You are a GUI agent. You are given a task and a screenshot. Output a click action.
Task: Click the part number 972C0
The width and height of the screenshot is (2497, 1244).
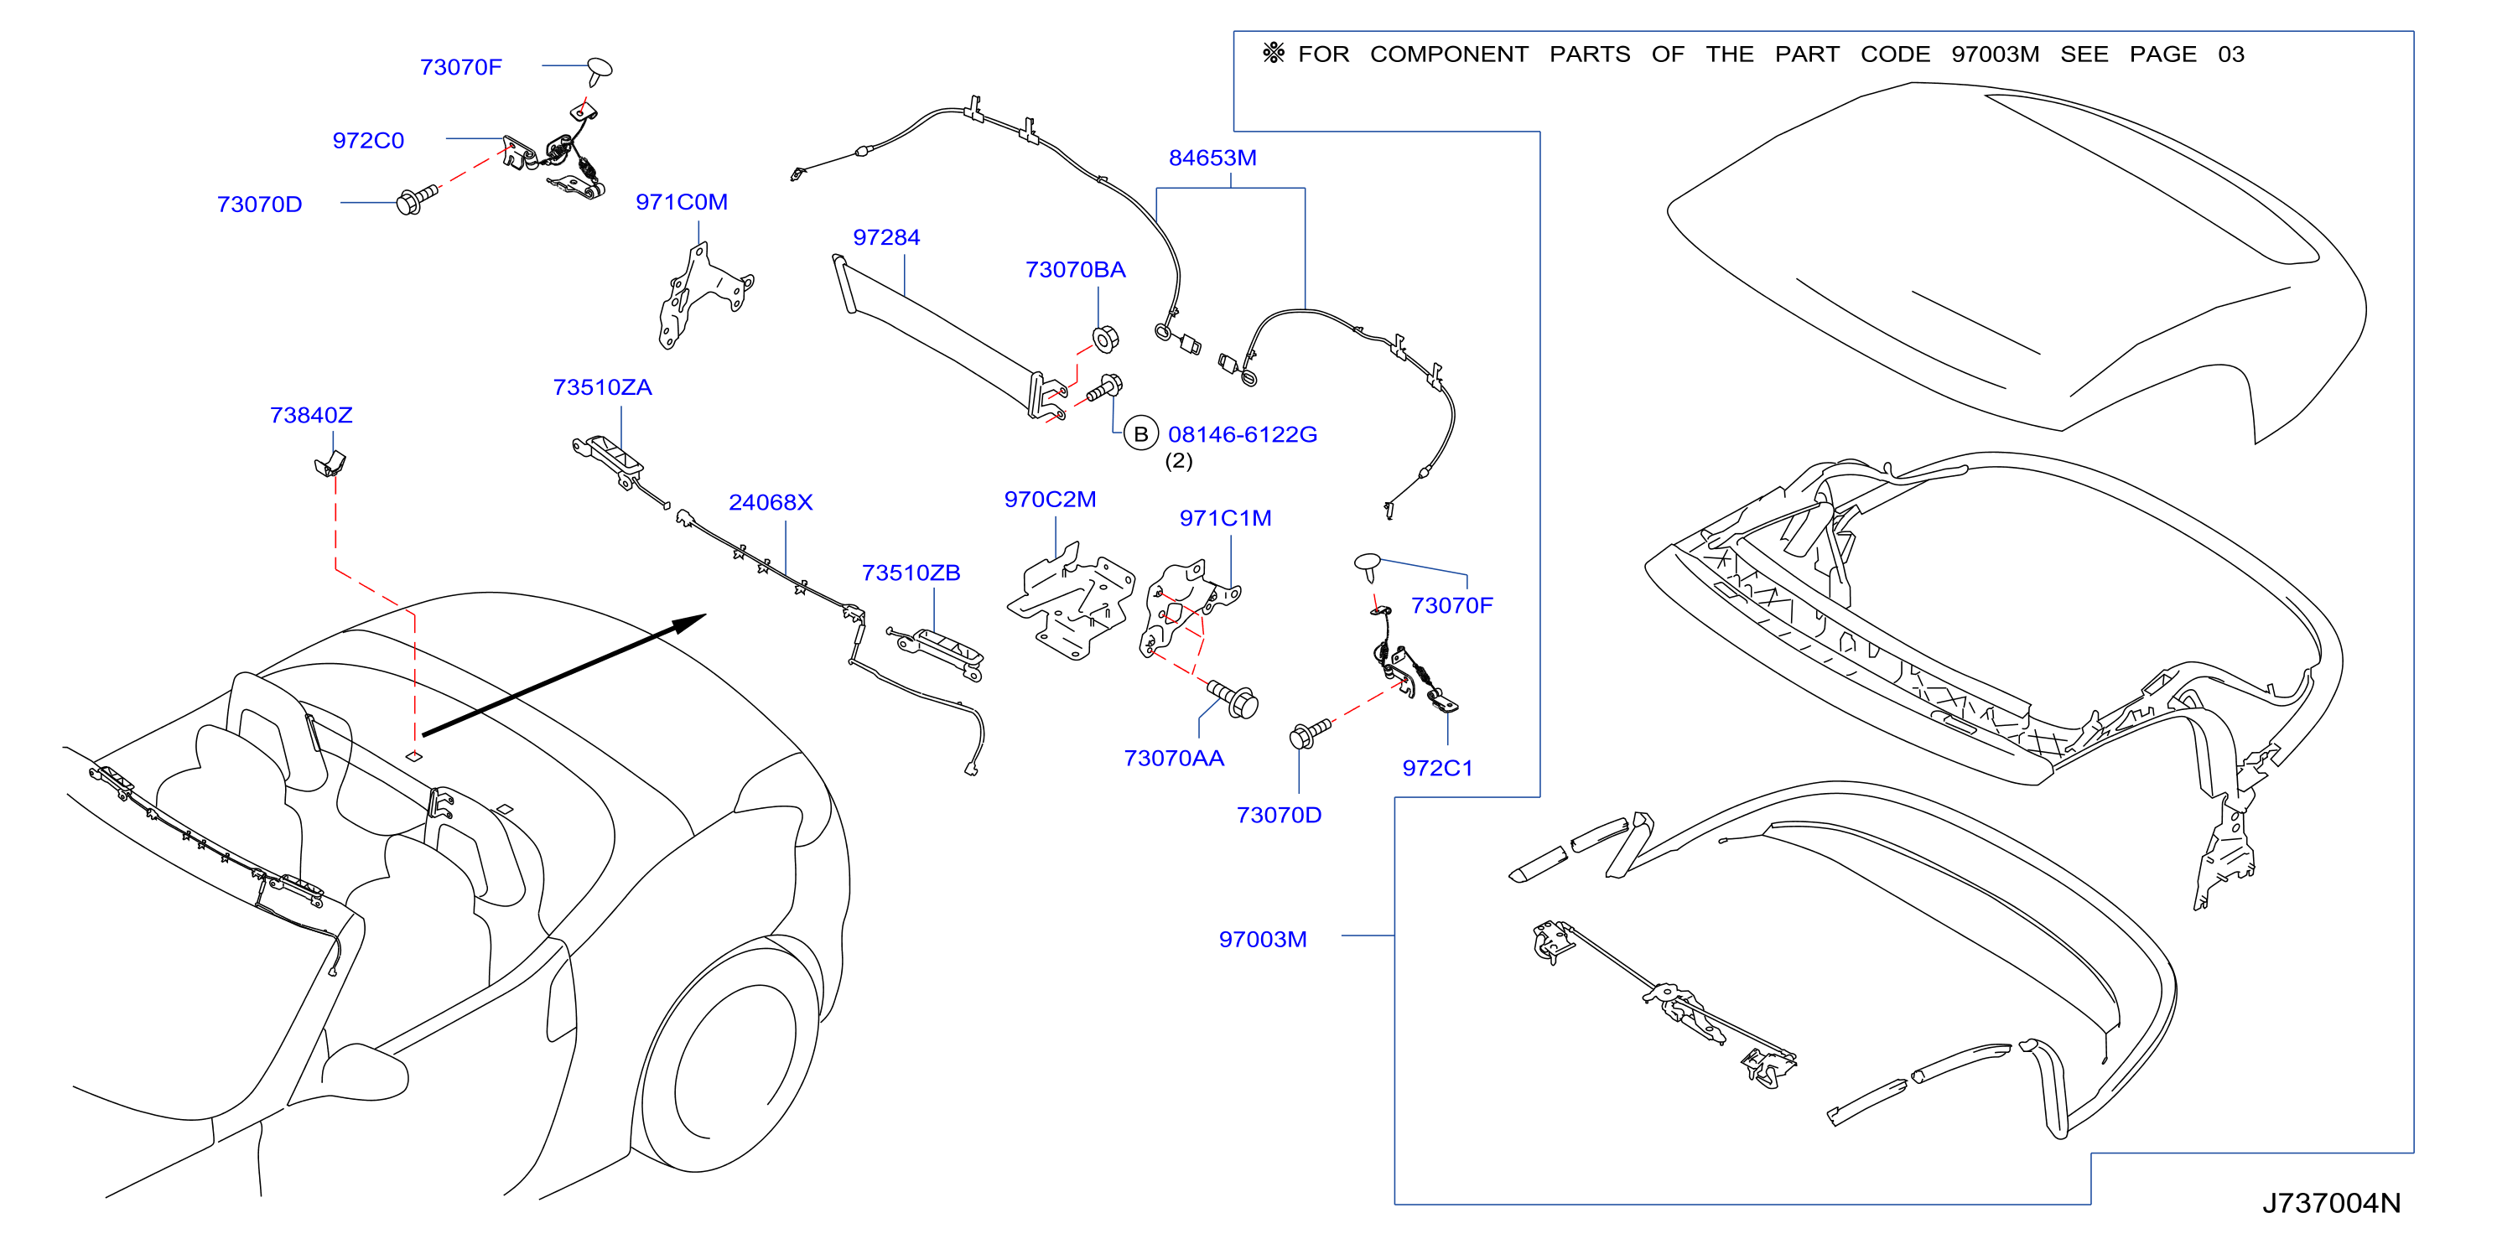(367, 141)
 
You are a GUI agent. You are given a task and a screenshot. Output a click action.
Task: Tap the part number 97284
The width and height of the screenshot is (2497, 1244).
(886, 237)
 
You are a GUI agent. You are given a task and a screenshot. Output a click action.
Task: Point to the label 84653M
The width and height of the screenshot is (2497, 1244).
(1212, 157)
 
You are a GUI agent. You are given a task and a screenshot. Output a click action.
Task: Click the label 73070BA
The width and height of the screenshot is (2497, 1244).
(1075, 269)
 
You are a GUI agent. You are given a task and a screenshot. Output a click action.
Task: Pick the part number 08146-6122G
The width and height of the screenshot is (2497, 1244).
(1242, 434)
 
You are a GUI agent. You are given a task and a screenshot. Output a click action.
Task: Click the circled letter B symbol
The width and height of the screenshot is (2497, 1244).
(1141, 434)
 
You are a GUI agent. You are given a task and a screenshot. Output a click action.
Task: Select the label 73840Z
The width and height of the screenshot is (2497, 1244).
(311, 415)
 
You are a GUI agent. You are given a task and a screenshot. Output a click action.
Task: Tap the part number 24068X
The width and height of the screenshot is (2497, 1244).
(771, 502)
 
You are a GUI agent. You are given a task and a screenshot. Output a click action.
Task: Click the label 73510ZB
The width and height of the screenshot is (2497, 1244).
(911, 573)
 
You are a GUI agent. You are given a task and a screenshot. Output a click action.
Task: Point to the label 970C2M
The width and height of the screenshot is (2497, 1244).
(1050, 499)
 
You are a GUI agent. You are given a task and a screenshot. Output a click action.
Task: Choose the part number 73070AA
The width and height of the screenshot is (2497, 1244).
(1174, 758)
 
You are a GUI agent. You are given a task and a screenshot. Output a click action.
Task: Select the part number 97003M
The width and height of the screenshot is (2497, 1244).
(1262, 939)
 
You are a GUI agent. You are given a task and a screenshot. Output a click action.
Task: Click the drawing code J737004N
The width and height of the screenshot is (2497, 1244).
(2331, 1202)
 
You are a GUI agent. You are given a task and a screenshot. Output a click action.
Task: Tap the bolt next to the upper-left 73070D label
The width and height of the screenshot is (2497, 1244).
(417, 200)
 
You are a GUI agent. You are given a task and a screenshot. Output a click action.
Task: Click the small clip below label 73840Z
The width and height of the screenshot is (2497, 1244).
(330, 463)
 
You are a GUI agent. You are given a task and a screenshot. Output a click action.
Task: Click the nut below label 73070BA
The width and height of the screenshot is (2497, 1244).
(1105, 340)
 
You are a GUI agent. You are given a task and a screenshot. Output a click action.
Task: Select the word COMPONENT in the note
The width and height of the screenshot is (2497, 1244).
(1449, 54)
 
